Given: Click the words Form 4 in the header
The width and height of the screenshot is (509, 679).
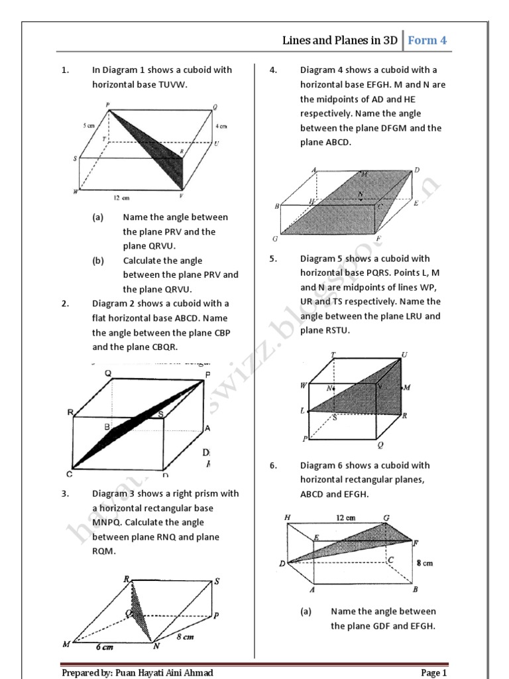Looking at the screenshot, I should click(427, 40).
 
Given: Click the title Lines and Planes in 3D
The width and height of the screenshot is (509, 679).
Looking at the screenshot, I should click(340, 40).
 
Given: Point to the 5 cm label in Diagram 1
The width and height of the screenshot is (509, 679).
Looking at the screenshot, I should click(91, 125).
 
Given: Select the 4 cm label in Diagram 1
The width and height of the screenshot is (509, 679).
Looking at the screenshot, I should click(221, 125).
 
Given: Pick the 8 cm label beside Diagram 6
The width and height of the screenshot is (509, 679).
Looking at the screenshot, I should click(424, 563).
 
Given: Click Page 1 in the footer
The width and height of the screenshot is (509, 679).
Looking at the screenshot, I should click(434, 673).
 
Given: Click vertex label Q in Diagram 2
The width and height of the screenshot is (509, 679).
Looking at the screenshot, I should click(107, 373).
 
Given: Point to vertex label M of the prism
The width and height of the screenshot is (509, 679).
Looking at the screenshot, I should click(66, 643).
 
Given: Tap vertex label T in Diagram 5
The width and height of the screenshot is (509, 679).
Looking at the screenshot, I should click(333, 355).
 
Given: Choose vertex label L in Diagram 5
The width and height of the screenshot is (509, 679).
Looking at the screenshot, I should click(302, 411).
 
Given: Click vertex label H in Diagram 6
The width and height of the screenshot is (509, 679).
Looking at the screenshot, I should click(287, 517).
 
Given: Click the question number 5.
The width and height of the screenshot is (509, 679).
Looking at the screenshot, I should click(273, 259).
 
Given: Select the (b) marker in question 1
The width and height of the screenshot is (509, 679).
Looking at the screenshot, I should click(98, 261).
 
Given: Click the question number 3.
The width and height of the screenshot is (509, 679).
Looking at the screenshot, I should click(65, 493).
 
